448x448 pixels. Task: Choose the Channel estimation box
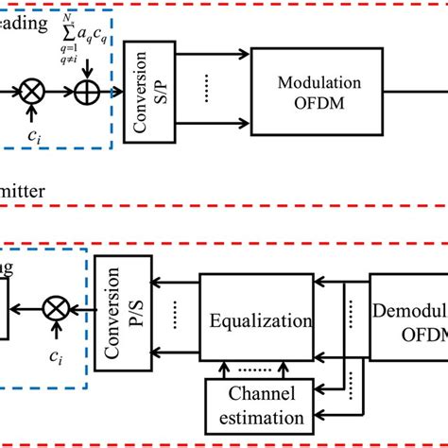(x=256, y=403)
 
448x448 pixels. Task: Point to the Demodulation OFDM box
(x=408, y=319)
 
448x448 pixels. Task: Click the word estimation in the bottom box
(x=257, y=415)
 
